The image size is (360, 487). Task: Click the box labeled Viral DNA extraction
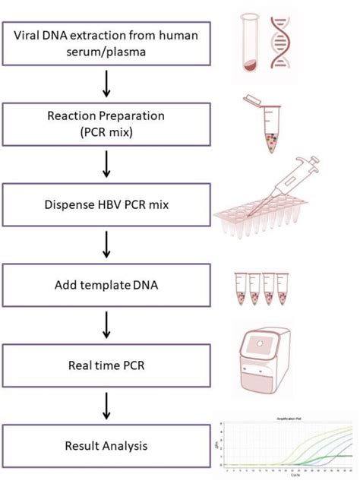(x=106, y=44)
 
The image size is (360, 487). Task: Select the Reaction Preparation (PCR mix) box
(x=106, y=123)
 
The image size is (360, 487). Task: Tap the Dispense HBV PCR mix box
(x=106, y=203)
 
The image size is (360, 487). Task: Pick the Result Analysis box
(x=106, y=445)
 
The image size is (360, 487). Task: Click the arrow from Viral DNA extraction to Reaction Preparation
(x=106, y=84)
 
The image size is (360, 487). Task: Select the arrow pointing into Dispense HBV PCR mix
(x=106, y=163)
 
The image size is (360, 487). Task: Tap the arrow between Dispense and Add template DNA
(x=106, y=243)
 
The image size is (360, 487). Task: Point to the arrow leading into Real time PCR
(x=106, y=324)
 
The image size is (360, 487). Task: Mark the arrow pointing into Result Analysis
(x=106, y=405)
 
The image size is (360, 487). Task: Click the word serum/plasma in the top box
(x=106, y=52)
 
